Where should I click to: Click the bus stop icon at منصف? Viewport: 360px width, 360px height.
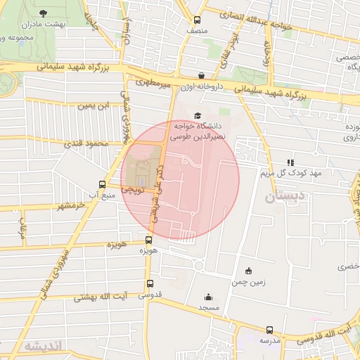coord(197,20)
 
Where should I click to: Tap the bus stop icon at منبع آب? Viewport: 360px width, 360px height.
coord(103,185)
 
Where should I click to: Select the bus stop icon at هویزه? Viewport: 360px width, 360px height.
coord(148,240)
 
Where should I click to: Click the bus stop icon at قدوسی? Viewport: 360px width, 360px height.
coord(150,283)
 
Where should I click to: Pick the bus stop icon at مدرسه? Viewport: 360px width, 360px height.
coord(270,329)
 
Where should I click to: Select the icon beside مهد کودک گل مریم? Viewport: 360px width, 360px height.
coord(291,162)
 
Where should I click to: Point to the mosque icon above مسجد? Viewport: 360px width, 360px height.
coord(208,297)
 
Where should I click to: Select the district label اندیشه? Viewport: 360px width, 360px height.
coord(44,346)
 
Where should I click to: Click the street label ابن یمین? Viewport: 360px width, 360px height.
coord(94,105)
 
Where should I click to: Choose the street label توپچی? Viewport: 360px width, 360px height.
coord(132,190)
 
